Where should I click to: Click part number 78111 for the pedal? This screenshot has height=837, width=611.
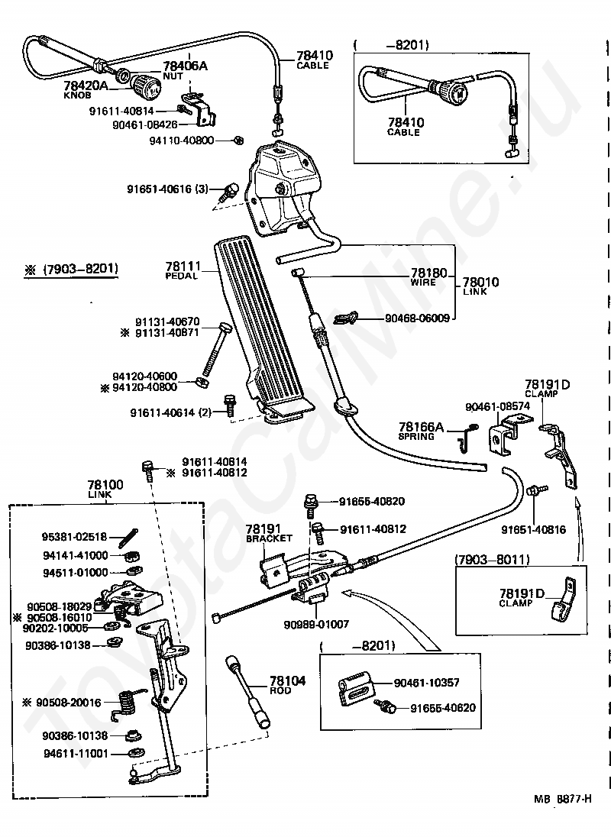point(183,266)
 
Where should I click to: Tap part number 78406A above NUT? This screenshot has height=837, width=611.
point(185,66)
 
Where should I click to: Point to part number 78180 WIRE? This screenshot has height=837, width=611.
point(428,273)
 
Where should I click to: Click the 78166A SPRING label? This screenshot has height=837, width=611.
point(420,428)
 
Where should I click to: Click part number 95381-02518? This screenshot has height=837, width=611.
point(76,537)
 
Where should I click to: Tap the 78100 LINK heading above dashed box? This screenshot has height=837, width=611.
point(102,486)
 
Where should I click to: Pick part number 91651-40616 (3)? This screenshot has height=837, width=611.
point(166,188)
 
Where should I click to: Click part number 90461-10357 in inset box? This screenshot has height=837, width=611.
point(435,683)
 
